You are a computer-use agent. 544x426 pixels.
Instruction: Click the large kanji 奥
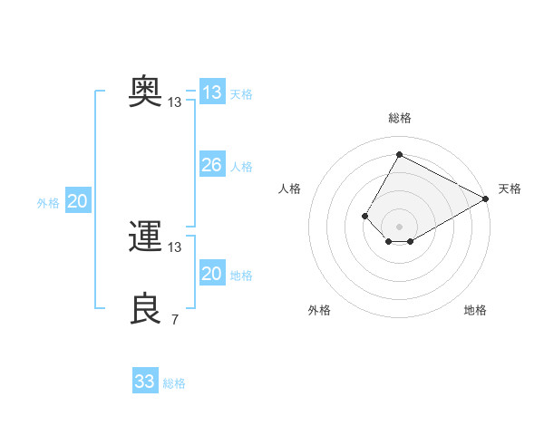(145, 92)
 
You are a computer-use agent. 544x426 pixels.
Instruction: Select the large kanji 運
(145, 236)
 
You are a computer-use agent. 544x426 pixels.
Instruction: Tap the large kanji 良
(145, 308)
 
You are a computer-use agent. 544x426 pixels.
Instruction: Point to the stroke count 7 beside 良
(175, 319)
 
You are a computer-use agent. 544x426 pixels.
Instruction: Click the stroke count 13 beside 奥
(174, 102)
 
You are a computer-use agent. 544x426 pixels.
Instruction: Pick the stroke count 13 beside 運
(174, 247)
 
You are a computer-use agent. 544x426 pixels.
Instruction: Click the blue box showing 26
(212, 164)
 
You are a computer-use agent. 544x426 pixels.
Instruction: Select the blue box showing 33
(145, 380)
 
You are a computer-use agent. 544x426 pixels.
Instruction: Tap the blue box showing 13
(212, 92)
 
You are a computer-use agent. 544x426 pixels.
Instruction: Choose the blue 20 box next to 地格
(212, 272)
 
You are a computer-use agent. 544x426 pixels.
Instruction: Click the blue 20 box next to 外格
(78, 199)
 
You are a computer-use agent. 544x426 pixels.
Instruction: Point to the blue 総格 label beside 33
(174, 383)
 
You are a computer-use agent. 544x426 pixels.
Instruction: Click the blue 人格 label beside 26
(241, 167)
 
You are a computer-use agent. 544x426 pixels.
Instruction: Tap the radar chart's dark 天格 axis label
(510, 189)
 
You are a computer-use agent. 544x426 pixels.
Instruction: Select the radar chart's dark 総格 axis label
(400, 118)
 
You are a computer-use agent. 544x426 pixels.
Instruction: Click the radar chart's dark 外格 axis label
(319, 310)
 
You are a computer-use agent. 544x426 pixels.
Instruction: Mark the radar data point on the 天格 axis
(486, 198)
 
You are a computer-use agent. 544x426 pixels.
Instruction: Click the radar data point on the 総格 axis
(399, 154)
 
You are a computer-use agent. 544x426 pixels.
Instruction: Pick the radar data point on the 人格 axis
(365, 216)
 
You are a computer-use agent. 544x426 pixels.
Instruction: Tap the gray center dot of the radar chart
(399, 227)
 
